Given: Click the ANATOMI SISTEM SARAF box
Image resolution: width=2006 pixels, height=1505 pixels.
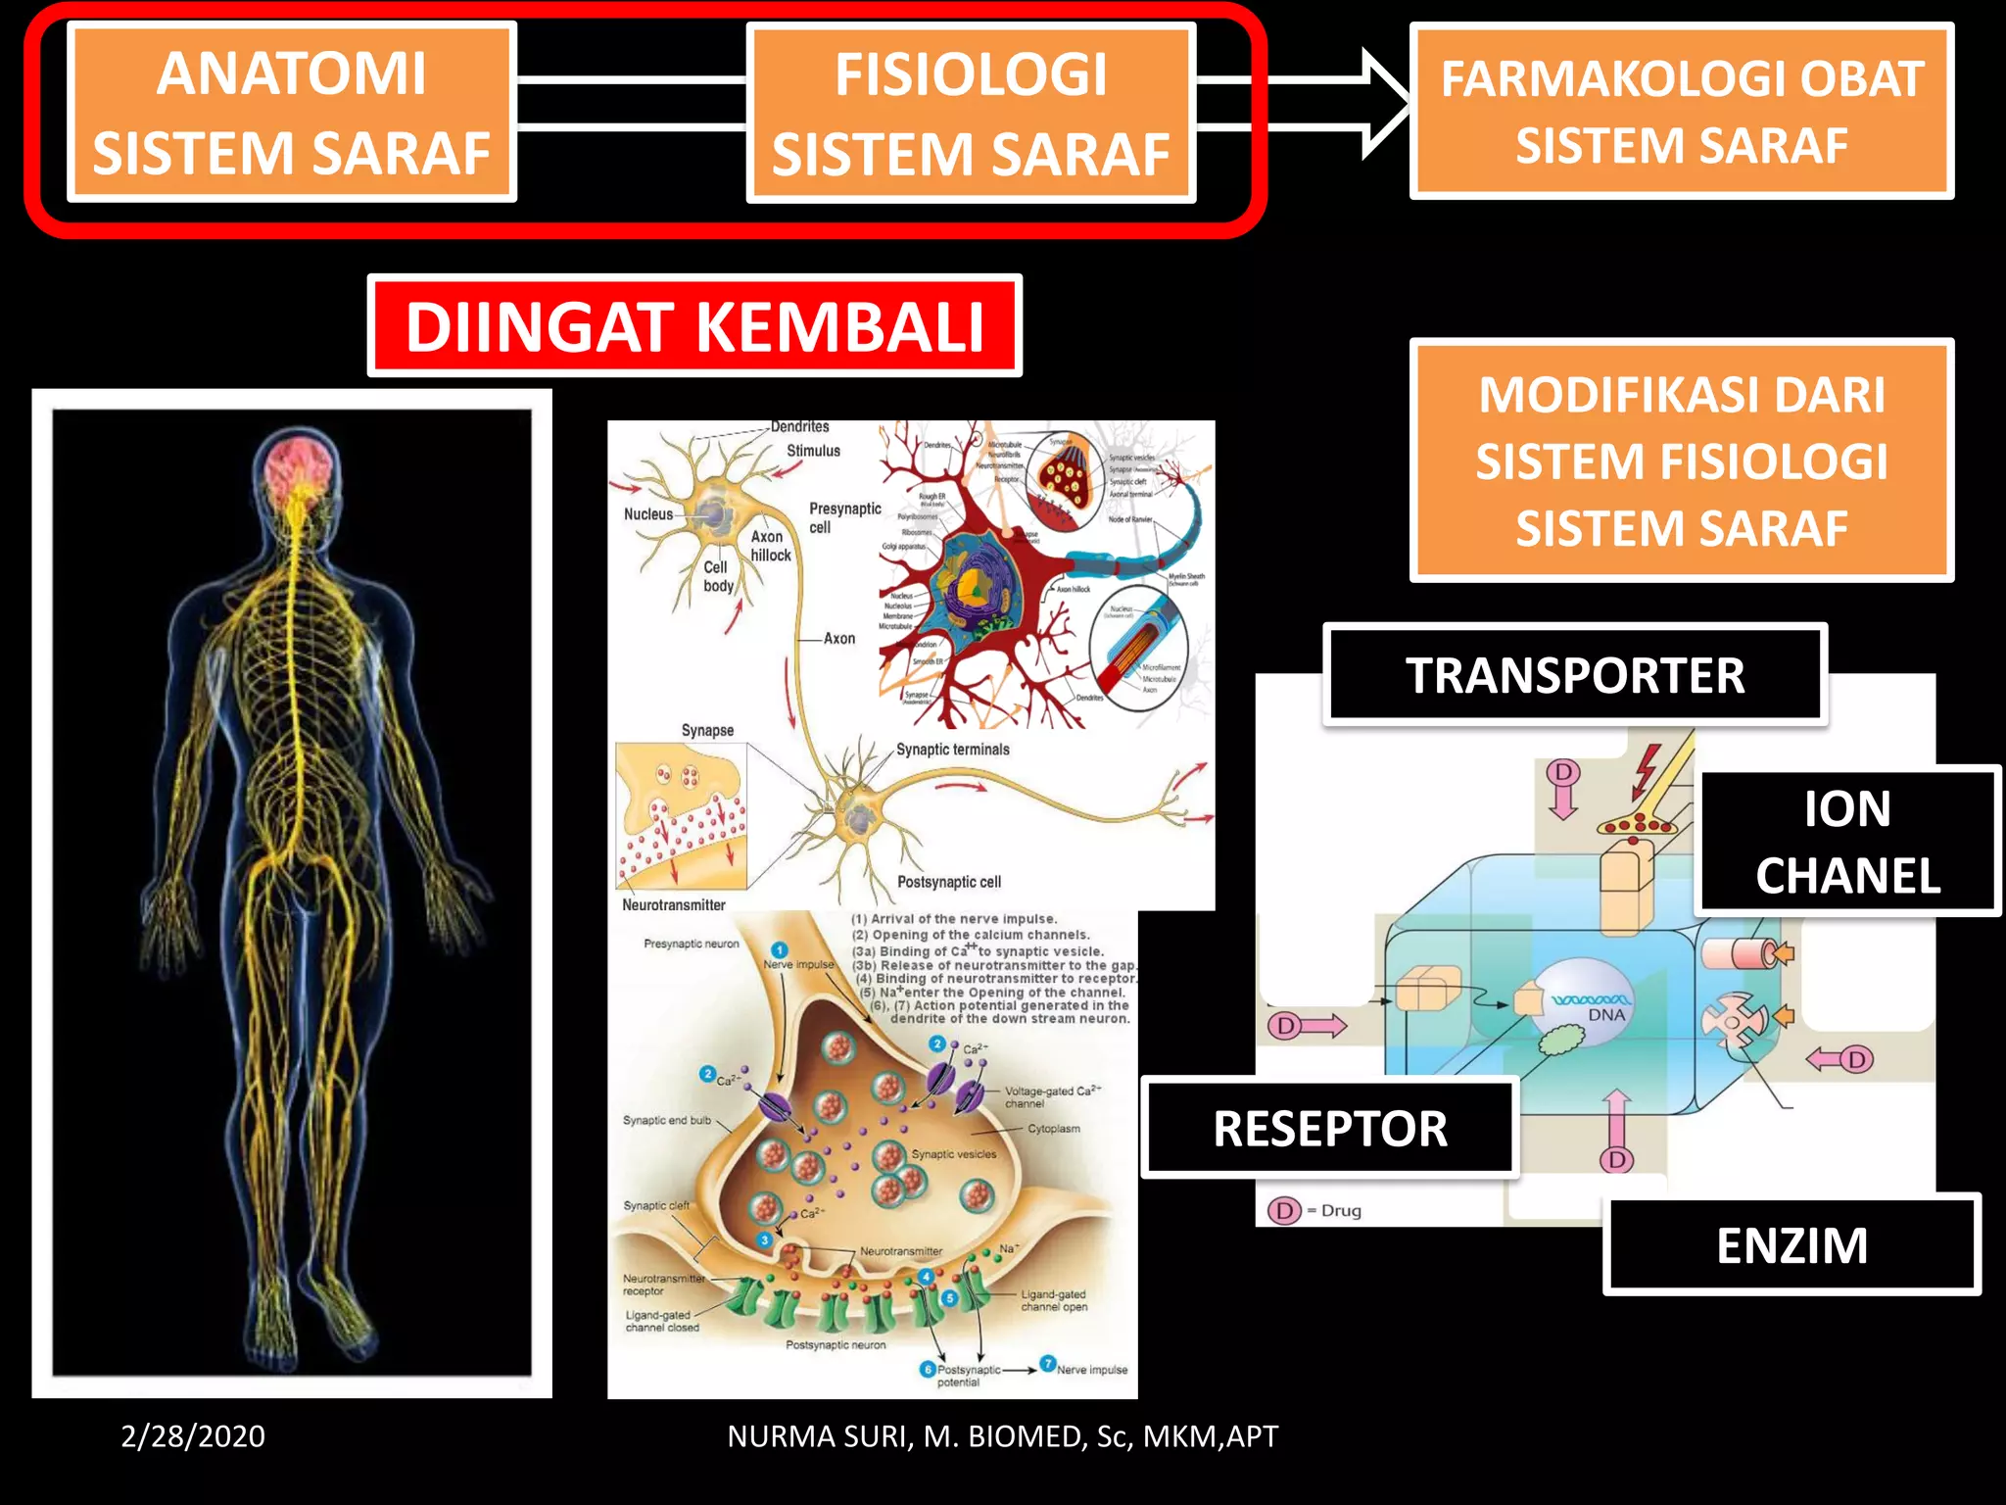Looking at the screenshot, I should (291, 113).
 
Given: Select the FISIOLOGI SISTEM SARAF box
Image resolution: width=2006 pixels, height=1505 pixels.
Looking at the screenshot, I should (971, 114).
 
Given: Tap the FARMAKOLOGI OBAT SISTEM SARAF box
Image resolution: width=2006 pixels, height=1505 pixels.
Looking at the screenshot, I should (1681, 112).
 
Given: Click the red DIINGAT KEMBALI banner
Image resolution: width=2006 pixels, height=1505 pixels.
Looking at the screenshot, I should (694, 326).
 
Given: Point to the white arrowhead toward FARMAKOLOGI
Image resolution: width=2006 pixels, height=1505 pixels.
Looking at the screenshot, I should (1383, 104).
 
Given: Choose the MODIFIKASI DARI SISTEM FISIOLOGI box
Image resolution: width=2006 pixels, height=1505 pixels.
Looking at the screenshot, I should (1681, 461).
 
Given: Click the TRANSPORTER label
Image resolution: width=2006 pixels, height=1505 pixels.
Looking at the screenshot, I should (1575, 675).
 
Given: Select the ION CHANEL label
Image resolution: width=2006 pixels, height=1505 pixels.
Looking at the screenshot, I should (1847, 842).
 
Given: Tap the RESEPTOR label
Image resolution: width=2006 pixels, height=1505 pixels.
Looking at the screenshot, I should (1330, 1128).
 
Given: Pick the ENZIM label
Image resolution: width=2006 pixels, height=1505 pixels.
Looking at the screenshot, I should (1791, 1245).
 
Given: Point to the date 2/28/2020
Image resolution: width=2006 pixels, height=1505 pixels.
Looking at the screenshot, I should (193, 1436).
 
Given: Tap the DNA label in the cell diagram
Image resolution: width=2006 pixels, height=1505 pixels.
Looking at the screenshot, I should (1606, 1015).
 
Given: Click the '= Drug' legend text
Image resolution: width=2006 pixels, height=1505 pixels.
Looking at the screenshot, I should (1333, 1211).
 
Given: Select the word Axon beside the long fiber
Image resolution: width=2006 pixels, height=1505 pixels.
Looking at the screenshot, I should (839, 639).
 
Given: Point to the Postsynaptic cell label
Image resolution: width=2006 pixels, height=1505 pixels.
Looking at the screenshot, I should (949, 882).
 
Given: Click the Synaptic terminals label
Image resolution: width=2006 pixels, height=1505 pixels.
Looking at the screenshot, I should (952, 750).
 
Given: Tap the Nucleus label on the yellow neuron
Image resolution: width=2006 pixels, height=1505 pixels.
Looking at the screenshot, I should (648, 514).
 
